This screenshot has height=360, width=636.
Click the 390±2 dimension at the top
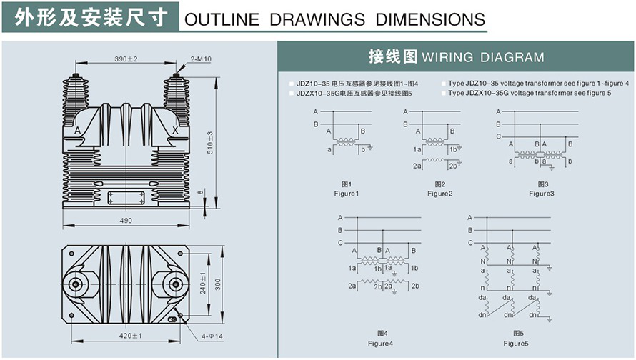[126, 59]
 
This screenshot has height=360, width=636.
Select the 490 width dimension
[126, 221]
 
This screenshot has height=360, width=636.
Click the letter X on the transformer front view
[176, 131]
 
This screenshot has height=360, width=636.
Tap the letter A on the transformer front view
[77, 131]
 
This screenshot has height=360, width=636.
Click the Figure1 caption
[346, 194]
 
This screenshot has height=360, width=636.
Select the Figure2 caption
[439, 194]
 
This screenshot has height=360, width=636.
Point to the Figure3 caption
[541, 194]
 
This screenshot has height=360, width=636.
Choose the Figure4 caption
[380, 344]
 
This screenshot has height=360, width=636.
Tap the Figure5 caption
[515, 344]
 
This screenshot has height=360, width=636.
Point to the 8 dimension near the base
[202, 191]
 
